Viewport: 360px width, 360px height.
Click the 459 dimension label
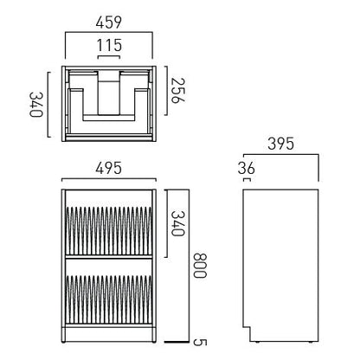[x=108, y=19]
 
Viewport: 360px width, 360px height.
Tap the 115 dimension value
[x=107, y=44]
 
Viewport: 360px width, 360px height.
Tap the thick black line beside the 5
[x=177, y=340]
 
